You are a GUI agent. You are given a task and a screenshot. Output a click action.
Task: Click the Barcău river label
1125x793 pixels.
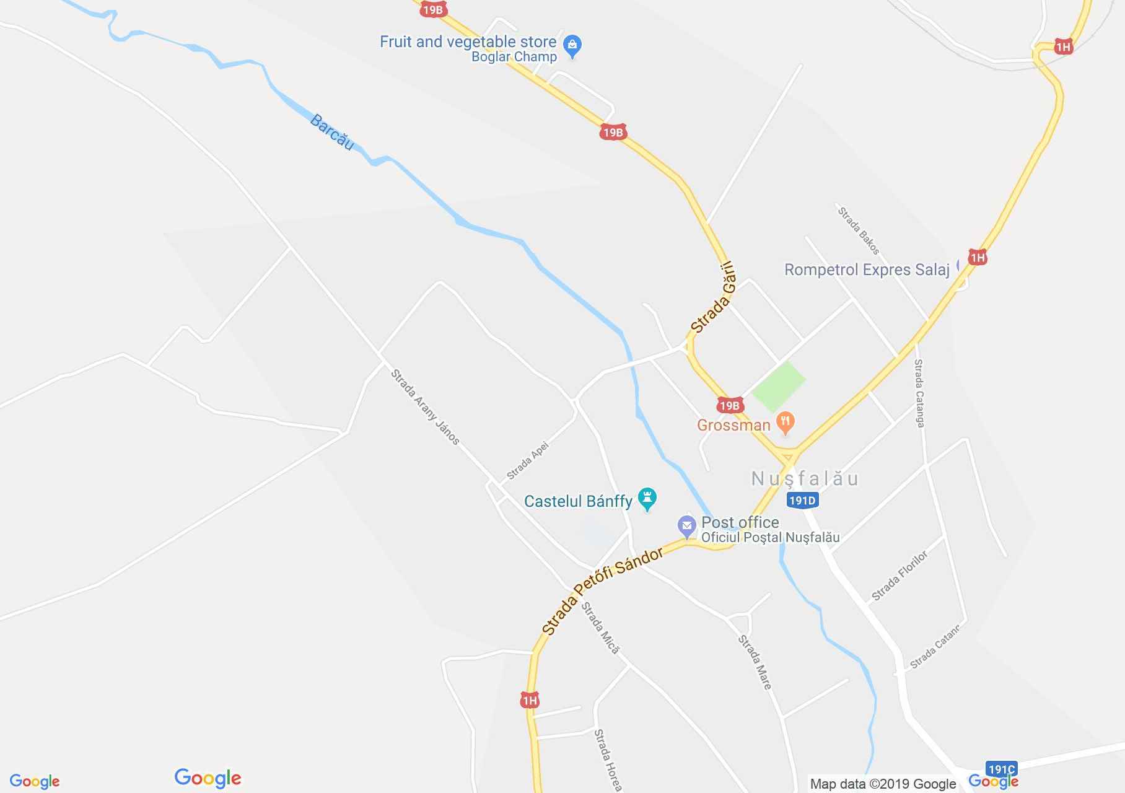[331, 132]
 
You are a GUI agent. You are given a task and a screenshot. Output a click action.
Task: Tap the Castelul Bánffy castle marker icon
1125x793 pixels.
[647, 499]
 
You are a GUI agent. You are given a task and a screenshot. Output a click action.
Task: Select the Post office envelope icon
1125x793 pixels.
[686, 527]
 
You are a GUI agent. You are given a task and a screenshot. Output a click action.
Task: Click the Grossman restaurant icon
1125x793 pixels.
[786, 423]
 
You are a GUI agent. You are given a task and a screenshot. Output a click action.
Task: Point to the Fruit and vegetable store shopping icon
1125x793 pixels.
[572, 45]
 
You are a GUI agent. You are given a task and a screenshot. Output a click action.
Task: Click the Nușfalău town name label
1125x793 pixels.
[805, 478]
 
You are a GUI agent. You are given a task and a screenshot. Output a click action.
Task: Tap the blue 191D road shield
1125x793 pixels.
[803, 501]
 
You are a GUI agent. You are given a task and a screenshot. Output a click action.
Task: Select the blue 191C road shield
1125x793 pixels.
[1002, 769]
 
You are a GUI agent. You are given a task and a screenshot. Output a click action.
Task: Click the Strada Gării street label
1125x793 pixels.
[713, 297]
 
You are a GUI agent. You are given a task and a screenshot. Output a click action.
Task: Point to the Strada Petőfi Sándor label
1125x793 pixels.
[602, 591]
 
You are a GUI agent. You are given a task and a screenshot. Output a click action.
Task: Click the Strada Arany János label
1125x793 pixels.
[426, 407]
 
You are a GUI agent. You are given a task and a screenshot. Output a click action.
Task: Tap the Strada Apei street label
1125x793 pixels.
[528, 460]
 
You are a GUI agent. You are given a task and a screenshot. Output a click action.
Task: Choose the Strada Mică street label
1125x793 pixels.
[600, 627]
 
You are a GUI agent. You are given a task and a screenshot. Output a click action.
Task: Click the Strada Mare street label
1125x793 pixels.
[755, 662]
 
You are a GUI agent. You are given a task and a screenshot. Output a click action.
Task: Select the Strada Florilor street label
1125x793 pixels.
[900, 576]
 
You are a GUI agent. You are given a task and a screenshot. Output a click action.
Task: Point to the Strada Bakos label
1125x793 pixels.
[859, 230]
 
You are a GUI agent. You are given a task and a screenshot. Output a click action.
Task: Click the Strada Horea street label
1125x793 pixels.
[608, 760]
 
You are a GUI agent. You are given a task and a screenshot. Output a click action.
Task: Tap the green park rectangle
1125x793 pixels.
[779, 387]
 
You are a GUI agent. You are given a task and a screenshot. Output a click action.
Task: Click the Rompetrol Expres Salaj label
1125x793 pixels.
[867, 269]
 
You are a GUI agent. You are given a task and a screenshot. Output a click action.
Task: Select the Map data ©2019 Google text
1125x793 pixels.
[883, 784]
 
